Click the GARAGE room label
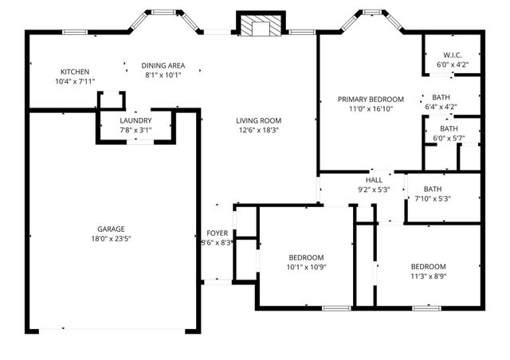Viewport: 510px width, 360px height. [x=111, y=229]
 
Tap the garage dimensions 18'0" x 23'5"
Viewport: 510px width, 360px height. [x=111, y=238]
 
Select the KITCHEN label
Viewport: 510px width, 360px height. [x=75, y=72]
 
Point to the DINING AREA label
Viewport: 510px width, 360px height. [x=163, y=65]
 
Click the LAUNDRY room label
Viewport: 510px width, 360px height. [x=135, y=120]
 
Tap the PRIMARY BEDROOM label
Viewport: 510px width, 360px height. [x=371, y=100]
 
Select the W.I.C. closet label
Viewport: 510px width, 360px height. [x=452, y=55]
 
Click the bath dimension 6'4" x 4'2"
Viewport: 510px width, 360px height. [x=441, y=106]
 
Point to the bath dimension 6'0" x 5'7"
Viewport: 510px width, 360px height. [x=449, y=138]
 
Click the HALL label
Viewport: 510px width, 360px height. [x=375, y=180]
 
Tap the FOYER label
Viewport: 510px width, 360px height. [x=218, y=233]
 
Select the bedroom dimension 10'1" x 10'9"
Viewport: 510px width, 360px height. [x=306, y=267]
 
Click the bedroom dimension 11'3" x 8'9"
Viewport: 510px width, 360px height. [x=428, y=276]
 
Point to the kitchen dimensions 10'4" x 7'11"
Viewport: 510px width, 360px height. [x=75, y=81]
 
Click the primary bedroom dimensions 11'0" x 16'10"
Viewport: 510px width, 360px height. [x=371, y=109]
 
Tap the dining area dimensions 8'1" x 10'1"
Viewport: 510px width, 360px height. [x=163, y=75]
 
